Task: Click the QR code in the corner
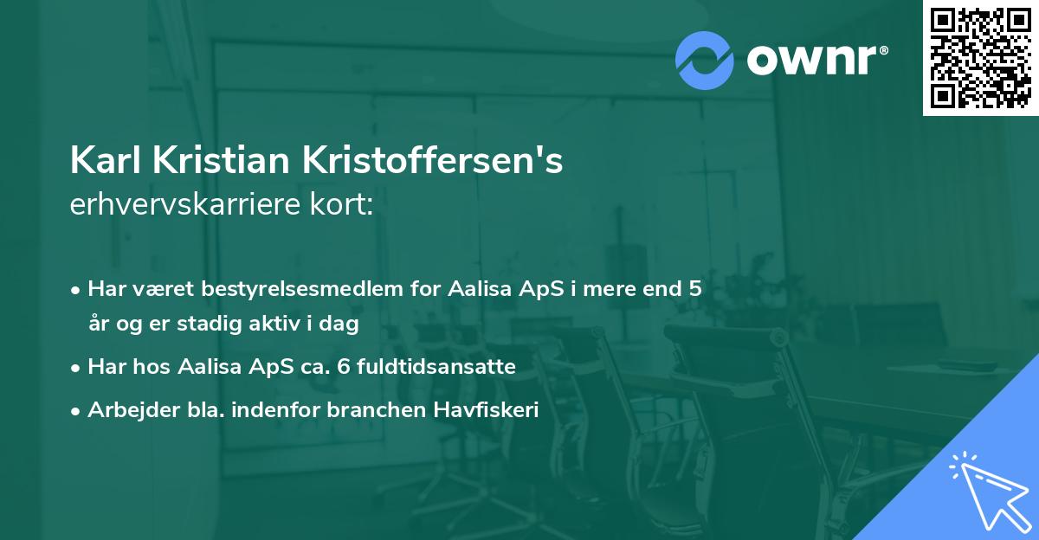click(980, 57)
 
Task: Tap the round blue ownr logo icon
click(705, 60)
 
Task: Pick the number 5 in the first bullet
click(694, 289)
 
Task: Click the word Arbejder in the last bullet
click(126, 410)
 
